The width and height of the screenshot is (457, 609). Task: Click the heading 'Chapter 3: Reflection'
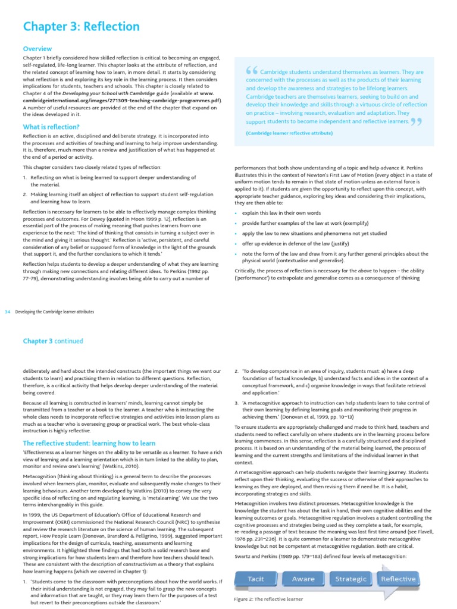pos(81,27)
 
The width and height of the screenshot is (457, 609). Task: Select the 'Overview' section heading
pos(37,49)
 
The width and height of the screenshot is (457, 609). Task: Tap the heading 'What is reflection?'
pos(51,127)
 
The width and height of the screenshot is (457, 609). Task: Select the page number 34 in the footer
pos(8,312)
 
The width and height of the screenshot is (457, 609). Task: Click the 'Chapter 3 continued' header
pos(53,341)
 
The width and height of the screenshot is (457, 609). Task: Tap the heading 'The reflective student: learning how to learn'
pos(89,444)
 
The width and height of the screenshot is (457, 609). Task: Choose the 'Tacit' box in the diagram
pos(256,579)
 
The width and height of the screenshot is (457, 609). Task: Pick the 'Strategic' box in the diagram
pos(352,579)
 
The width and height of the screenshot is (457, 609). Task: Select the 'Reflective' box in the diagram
pos(398,579)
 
